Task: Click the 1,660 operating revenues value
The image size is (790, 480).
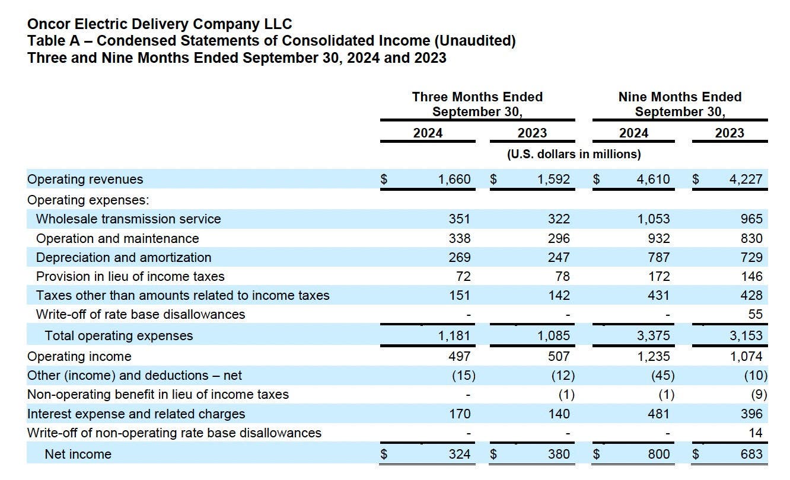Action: point(454,179)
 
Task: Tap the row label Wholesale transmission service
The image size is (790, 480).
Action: point(128,219)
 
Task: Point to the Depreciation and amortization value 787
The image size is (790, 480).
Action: point(658,257)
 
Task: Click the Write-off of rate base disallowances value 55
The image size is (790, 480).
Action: point(755,314)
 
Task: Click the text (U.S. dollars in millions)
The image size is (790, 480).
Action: point(574,154)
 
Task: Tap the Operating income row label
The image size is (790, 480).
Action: point(79,356)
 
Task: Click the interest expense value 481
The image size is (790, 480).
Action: point(658,414)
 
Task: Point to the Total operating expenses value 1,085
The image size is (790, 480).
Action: point(553,335)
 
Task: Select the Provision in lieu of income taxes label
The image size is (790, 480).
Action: point(130,276)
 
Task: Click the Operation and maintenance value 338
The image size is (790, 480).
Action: point(459,238)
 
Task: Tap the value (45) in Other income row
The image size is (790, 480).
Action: point(662,375)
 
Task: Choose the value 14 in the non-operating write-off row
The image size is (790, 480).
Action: point(755,433)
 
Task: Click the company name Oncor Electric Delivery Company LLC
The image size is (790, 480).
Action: point(160,24)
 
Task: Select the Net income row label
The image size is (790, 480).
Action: point(78,454)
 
